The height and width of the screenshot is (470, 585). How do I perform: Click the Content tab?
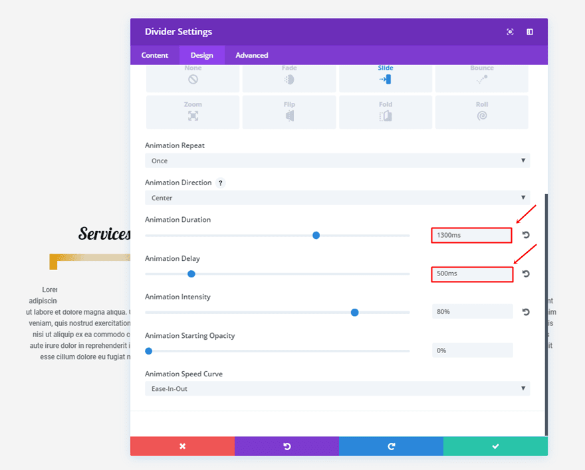[x=155, y=55]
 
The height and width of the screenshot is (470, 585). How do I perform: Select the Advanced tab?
[x=252, y=55]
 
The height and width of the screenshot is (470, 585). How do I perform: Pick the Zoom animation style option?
[x=193, y=112]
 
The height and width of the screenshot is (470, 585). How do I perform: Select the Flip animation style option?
[x=289, y=112]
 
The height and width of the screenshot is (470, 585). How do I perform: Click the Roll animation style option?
[x=482, y=112]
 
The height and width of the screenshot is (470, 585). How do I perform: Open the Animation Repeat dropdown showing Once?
[x=337, y=161]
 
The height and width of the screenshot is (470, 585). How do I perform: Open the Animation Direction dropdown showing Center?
[x=337, y=198]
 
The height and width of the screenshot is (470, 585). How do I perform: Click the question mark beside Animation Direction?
[x=220, y=183]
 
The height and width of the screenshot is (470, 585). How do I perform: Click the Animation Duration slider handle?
[x=316, y=235]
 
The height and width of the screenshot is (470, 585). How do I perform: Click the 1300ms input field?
[x=471, y=235]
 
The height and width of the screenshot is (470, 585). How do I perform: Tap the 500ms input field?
[x=472, y=274]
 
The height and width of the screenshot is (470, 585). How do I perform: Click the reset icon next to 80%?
[x=526, y=312]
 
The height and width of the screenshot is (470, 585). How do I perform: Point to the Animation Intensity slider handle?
[x=355, y=312]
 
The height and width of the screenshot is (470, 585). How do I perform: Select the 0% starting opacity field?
[x=472, y=350]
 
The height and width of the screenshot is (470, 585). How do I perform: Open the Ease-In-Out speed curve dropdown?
[x=337, y=388]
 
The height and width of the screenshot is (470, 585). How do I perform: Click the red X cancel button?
[x=182, y=446]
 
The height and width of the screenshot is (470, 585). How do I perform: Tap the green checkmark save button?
[x=495, y=446]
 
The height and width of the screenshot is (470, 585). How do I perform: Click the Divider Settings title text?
[x=178, y=32]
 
